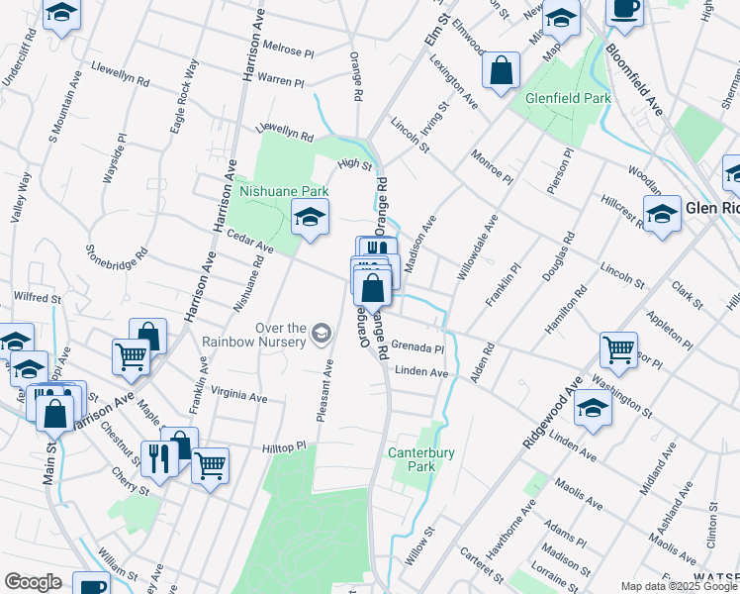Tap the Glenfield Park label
[568, 98]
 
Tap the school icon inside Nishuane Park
[310, 217]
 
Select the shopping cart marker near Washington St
[618, 349]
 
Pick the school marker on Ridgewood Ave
[593, 408]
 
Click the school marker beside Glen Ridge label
[661, 212]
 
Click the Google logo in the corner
[33, 581]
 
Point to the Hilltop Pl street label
[284, 448]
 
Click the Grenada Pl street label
[417, 347]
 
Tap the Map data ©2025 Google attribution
[678, 586]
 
